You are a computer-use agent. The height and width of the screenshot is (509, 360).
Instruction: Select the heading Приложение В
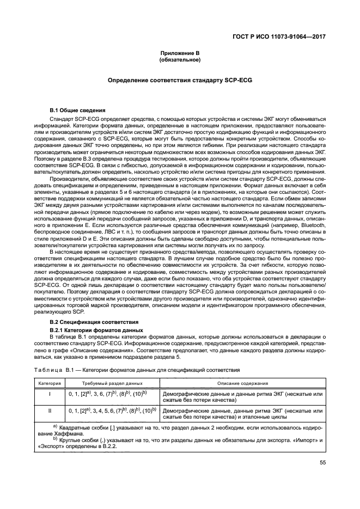pos(180,52)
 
